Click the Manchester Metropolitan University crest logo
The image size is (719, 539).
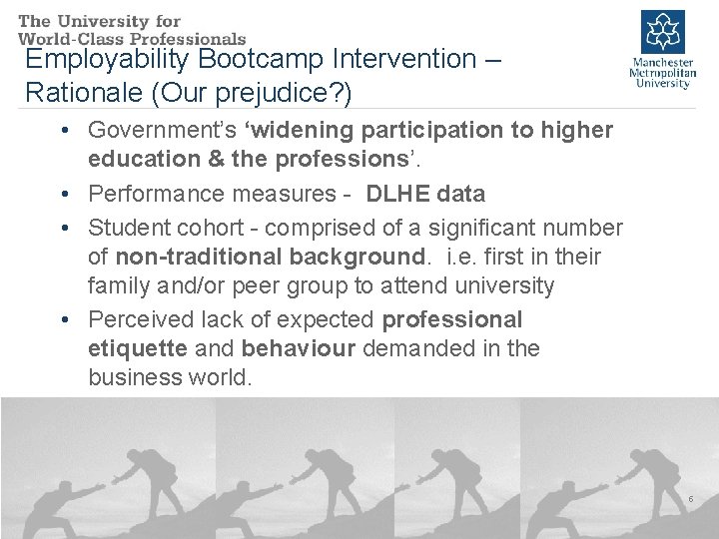(x=661, y=31)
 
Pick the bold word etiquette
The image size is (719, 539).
(x=137, y=348)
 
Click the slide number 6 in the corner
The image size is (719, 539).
(x=690, y=498)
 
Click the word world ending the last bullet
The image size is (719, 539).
(x=222, y=377)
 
